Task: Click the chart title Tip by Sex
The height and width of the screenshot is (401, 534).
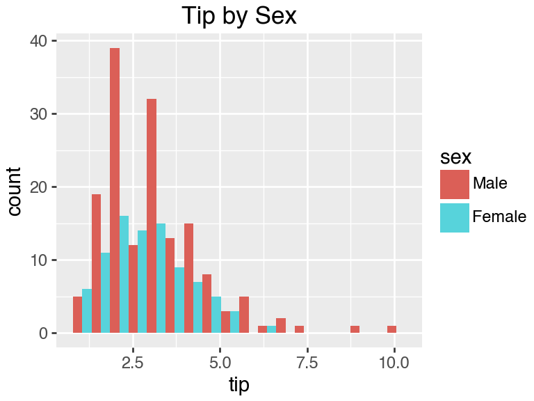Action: click(x=238, y=16)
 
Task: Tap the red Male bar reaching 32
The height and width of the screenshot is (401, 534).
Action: click(x=152, y=216)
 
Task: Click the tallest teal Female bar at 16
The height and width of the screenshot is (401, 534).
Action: click(x=124, y=274)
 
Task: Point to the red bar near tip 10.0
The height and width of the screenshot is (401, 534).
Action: click(x=392, y=329)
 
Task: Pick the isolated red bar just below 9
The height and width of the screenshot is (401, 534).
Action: click(x=355, y=329)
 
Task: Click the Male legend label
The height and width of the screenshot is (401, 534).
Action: click(x=489, y=184)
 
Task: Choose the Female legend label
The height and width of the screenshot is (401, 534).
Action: click(x=499, y=217)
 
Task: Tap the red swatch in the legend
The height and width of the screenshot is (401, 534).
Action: click(x=454, y=184)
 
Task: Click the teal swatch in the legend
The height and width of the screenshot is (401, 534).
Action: click(x=454, y=217)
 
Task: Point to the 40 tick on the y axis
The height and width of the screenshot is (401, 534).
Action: click(x=38, y=41)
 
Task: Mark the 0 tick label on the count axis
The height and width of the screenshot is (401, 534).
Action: click(x=42, y=333)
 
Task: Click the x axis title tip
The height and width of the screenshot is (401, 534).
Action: click(x=238, y=384)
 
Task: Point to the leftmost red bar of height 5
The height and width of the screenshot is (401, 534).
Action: click(x=77, y=315)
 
